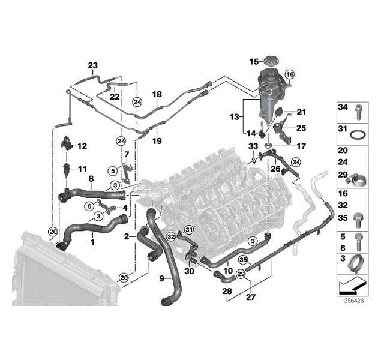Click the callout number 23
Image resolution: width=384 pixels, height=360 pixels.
[x=92, y=65]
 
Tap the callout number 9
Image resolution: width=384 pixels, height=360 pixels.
[x=161, y=278]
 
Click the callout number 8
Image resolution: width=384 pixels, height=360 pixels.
[x=91, y=178]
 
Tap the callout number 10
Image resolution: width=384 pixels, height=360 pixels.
[x=229, y=271]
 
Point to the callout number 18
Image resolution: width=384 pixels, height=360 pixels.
[x=157, y=95]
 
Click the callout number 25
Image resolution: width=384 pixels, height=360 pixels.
[x=301, y=128]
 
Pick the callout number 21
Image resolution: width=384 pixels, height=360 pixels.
[x=301, y=112]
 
